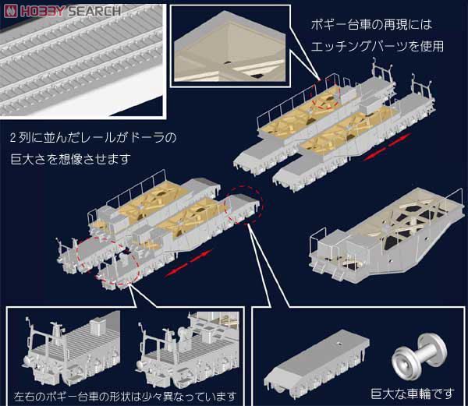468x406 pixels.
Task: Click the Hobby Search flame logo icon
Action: pos(11,11)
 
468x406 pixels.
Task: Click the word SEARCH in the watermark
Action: pos(94,12)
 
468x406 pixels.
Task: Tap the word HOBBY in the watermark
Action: pos(43,12)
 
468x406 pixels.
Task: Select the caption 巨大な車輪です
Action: pos(413,394)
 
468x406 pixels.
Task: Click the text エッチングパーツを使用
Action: pos(378,47)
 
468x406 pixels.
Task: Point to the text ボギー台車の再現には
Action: pos(371,25)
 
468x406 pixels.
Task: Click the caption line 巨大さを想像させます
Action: pos(70,159)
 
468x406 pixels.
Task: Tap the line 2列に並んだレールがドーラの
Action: pos(93,138)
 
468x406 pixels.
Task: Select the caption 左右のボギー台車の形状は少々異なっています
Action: pos(125,397)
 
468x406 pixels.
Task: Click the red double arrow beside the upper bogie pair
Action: pos(388,147)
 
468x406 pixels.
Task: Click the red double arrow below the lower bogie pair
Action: pos(188,263)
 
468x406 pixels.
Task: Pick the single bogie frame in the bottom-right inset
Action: pos(317,364)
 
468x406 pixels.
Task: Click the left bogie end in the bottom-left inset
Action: pos(72,350)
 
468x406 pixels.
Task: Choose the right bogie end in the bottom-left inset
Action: pos(188,349)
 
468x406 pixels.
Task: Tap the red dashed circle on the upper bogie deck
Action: pos(325,102)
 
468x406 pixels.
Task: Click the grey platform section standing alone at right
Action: pos(385,236)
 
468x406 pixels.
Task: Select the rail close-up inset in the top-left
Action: pos(81,61)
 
